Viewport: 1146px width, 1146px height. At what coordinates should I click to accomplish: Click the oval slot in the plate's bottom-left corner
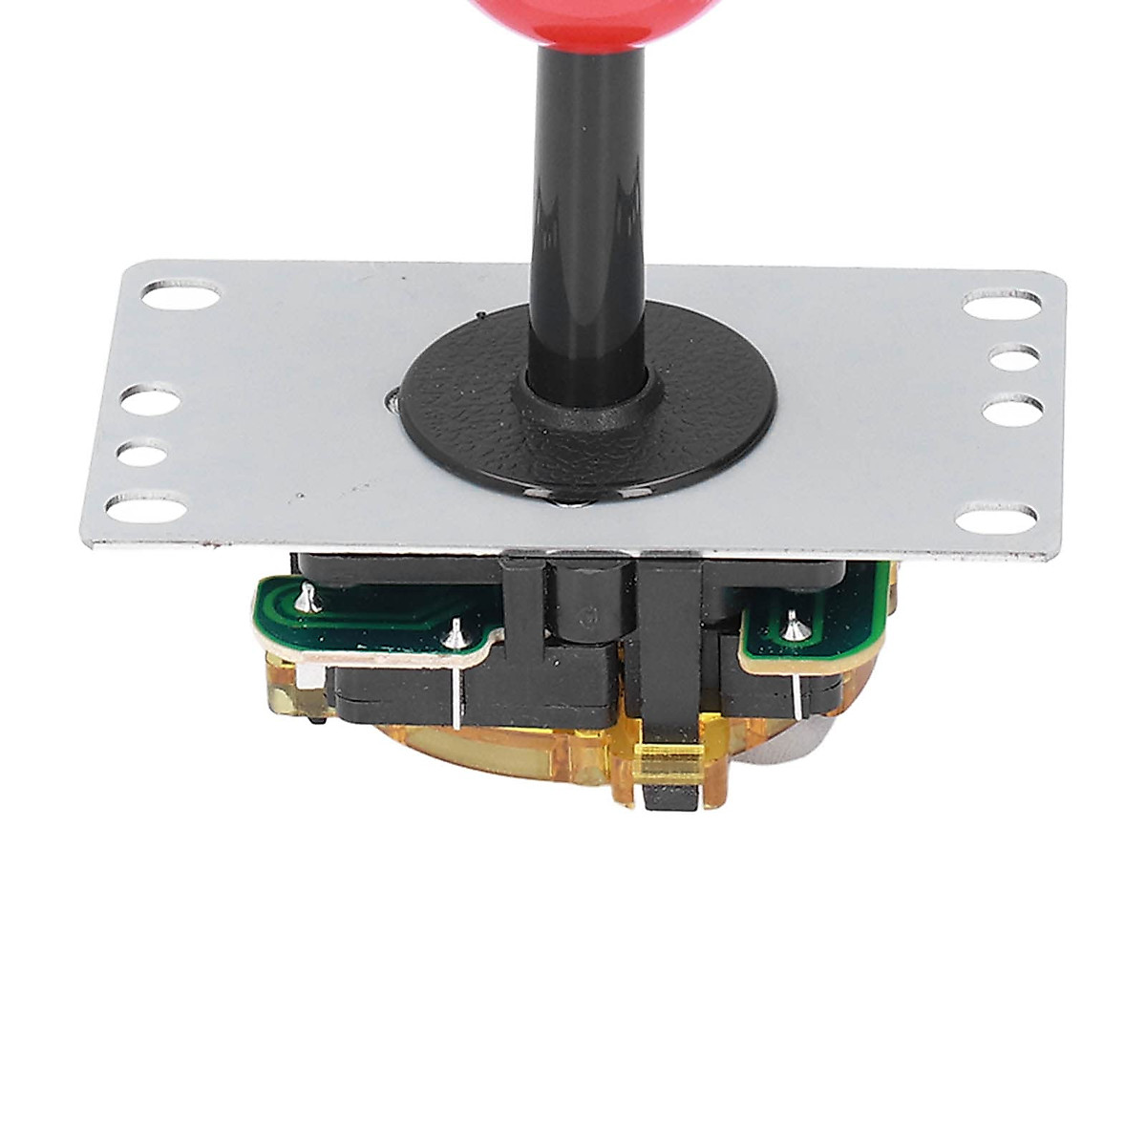click(x=146, y=506)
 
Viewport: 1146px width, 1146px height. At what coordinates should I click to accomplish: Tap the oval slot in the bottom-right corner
click(x=995, y=518)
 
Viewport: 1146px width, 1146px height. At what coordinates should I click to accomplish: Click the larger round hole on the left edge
click(x=151, y=401)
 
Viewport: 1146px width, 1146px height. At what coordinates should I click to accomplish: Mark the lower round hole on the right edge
click(x=1011, y=413)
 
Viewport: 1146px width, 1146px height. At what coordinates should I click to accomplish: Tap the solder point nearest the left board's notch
click(x=456, y=630)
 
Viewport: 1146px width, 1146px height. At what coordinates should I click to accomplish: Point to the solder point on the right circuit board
click(x=792, y=627)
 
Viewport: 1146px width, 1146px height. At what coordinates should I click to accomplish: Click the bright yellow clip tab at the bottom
click(x=668, y=765)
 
